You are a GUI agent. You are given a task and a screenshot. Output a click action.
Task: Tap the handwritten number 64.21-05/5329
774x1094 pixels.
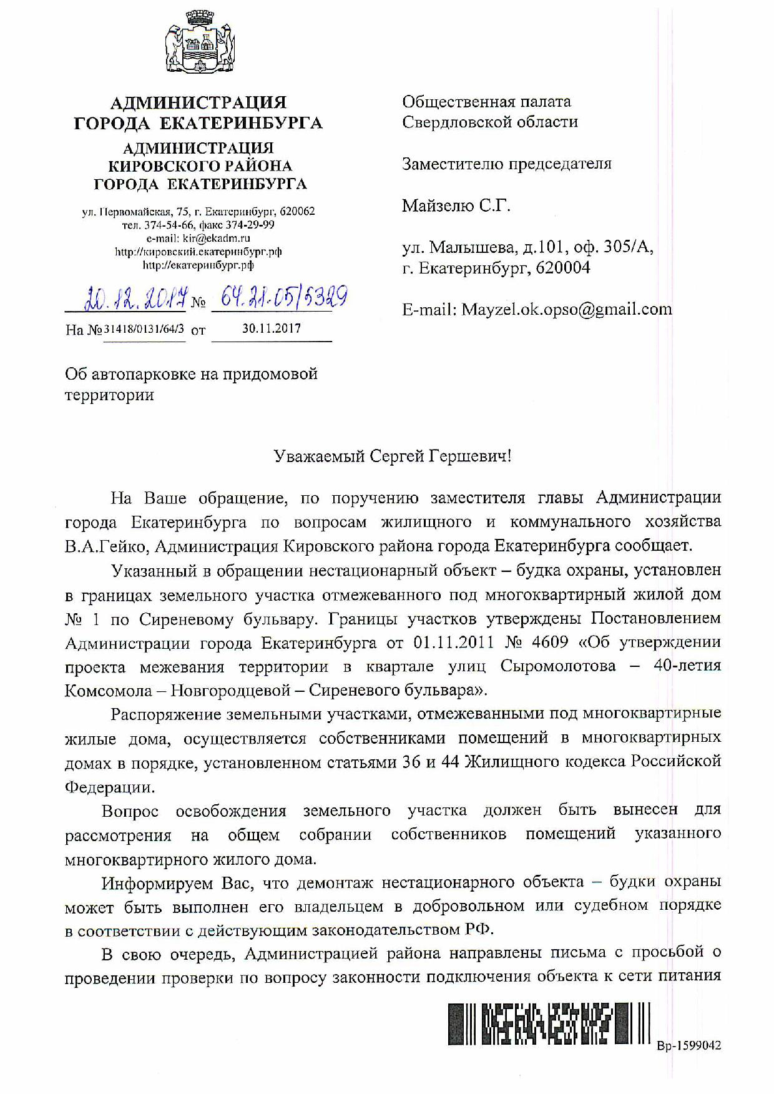click(280, 298)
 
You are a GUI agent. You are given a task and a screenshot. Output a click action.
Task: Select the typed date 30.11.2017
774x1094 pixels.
click(272, 328)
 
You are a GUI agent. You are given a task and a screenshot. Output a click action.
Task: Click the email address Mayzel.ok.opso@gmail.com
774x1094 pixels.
click(566, 309)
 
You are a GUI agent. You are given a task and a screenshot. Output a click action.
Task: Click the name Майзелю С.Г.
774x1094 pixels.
click(456, 205)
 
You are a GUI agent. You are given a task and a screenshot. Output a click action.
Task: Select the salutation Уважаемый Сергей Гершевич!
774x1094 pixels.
click(393, 456)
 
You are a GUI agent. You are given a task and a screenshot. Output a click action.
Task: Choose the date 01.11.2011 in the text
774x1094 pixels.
click(453, 643)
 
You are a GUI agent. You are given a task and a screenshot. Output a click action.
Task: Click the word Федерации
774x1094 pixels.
click(109, 787)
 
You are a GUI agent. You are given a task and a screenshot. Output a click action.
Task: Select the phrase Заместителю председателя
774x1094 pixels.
click(506, 164)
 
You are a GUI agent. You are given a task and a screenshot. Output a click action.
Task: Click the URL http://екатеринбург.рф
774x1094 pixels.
click(198, 265)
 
